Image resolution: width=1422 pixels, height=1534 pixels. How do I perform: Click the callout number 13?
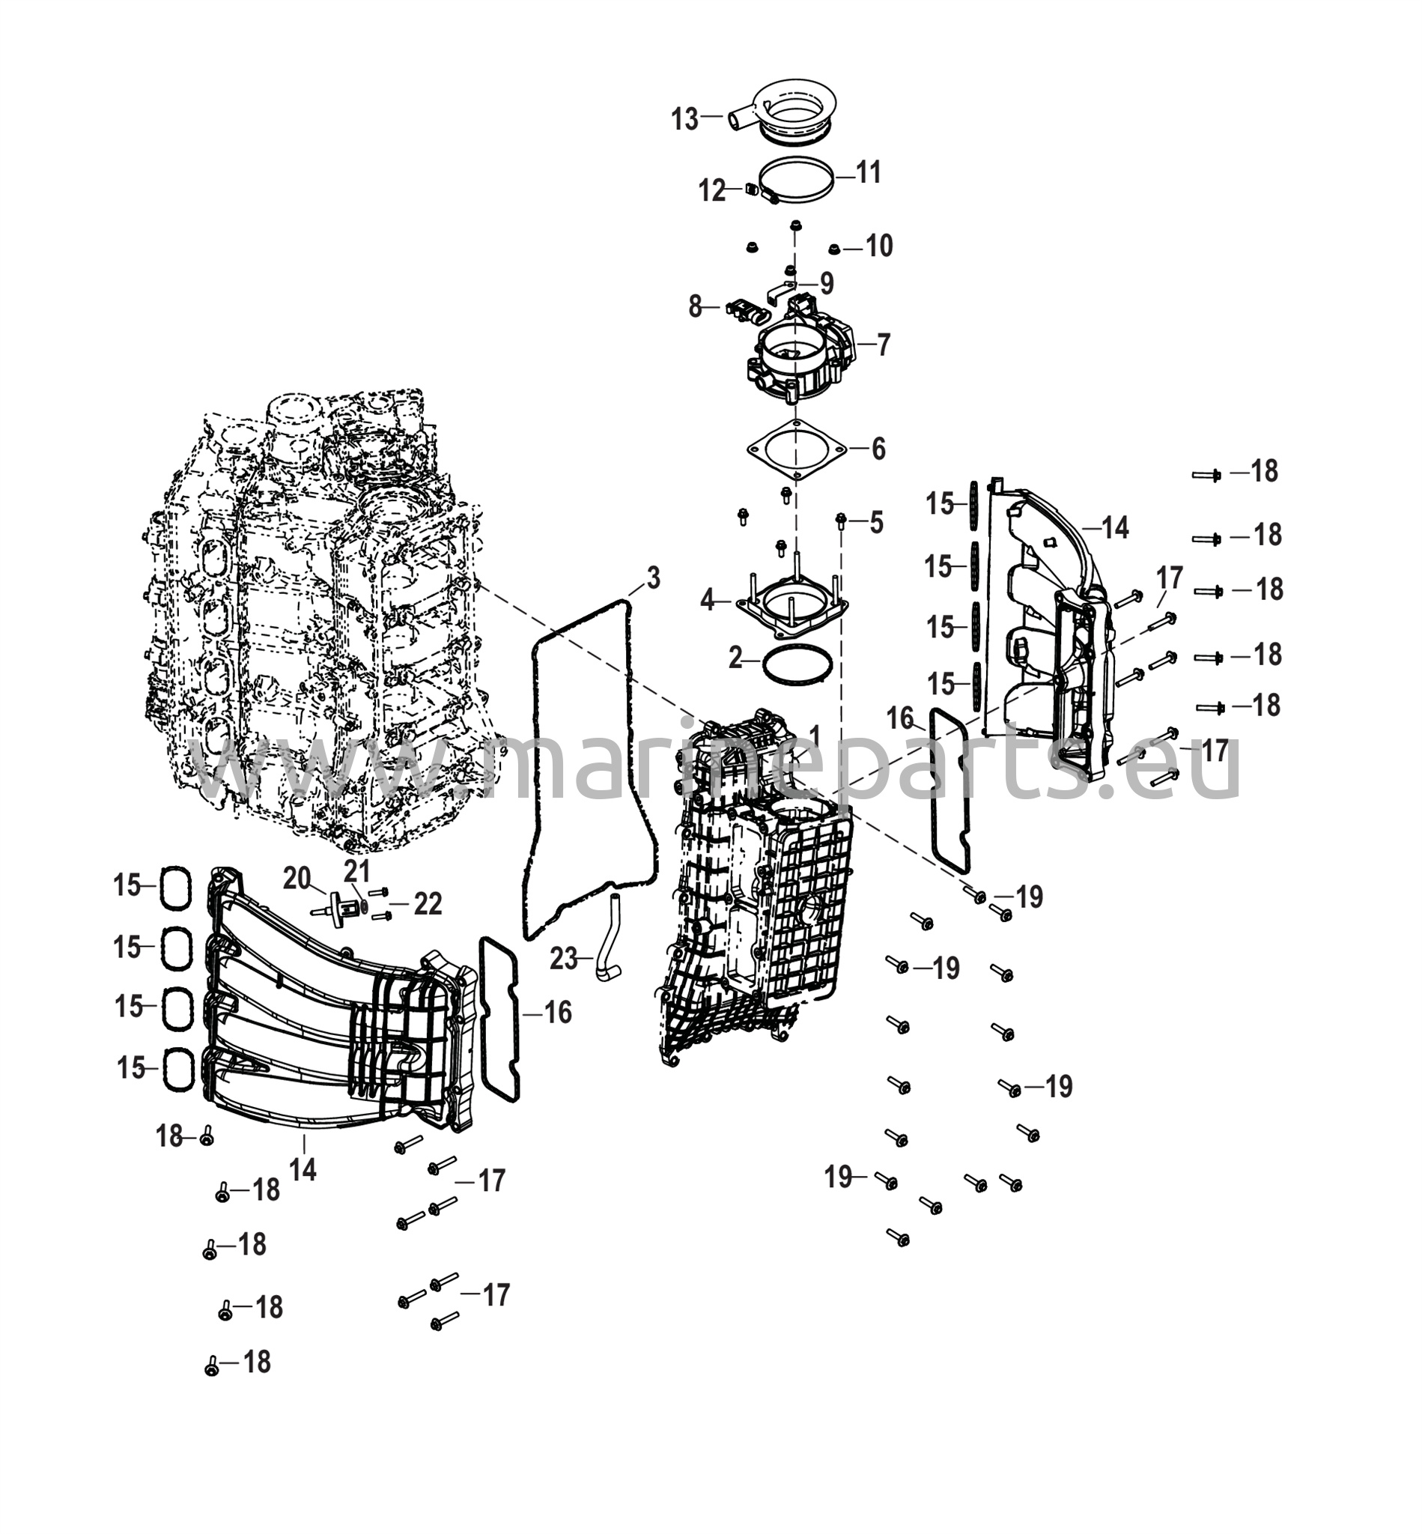(x=684, y=119)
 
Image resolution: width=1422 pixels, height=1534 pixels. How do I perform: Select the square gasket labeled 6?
(x=796, y=449)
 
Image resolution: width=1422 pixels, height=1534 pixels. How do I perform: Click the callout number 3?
(x=652, y=577)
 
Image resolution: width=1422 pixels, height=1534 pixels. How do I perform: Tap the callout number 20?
(x=297, y=877)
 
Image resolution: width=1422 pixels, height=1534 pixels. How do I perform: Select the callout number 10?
(x=879, y=246)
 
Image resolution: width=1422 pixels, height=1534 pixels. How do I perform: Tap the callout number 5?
(x=876, y=524)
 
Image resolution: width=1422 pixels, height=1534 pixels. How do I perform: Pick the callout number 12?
(x=713, y=190)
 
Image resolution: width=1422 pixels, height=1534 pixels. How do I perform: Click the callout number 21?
(x=357, y=871)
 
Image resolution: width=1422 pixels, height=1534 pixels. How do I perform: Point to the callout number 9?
(x=827, y=283)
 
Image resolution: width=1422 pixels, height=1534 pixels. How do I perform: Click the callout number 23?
(x=563, y=959)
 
